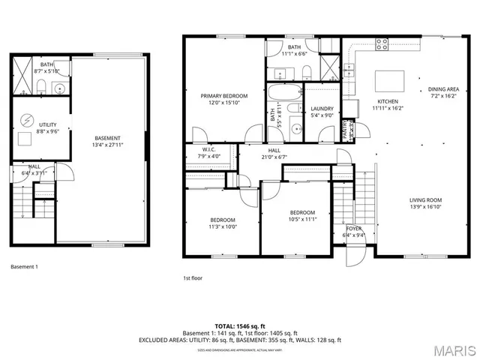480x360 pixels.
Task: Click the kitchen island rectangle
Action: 389,79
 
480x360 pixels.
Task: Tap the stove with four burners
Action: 382,44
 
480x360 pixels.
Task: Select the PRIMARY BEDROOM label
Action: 223,96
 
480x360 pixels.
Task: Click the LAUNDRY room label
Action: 322,109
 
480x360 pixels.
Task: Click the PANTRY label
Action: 348,130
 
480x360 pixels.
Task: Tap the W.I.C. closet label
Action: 208,149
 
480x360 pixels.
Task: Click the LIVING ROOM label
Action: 425,199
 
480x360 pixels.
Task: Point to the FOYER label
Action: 353,228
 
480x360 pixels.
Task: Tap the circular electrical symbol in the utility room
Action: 26,119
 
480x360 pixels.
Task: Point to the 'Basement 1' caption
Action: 24,267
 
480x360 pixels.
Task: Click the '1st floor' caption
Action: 193,278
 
